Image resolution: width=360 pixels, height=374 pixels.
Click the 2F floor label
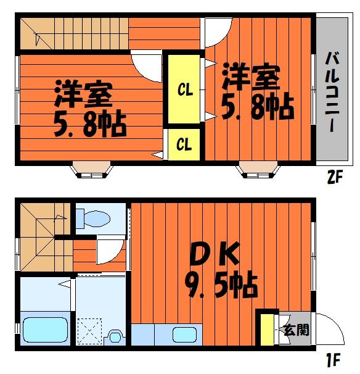tap(335, 177)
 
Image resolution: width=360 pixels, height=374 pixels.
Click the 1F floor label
tap(333, 360)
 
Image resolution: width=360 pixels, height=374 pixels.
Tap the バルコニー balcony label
tap(332, 91)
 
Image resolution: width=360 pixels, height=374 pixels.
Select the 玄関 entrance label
tap(297, 330)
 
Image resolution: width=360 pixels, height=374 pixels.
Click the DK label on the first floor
tap(214, 254)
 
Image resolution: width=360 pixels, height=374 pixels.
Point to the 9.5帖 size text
tap(221, 285)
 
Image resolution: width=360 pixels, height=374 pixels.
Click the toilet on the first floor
tap(93, 218)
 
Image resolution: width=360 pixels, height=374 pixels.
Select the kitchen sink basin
tap(185, 335)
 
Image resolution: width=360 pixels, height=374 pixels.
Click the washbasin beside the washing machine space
tap(115, 337)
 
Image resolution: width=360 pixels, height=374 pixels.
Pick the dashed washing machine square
tap(89, 331)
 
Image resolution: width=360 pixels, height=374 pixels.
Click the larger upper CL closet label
tap(185, 90)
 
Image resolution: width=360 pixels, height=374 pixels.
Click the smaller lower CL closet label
tap(184, 144)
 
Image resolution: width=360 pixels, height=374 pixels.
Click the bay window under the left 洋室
tap(91, 170)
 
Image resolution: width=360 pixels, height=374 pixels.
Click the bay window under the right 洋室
tap(258, 170)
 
